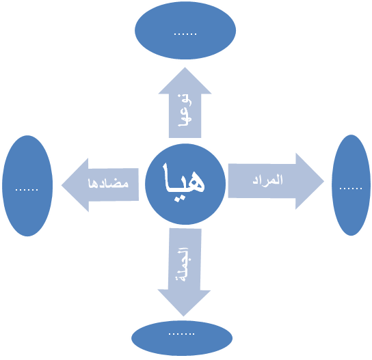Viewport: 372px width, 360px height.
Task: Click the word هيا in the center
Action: [x=184, y=182]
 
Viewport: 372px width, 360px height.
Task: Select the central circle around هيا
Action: [x=185, y=184]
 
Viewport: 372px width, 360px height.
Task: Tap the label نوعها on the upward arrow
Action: [x=185, y=111]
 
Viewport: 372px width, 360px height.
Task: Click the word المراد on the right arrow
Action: [x=267, y=180]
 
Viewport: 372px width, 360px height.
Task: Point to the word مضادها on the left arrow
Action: [x=108, y=184]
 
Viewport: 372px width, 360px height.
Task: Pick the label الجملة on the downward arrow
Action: [x=183, y=264]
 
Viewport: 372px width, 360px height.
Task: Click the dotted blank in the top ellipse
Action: [x=185, y=34]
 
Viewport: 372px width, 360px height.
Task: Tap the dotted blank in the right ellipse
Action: [x=351, y=189]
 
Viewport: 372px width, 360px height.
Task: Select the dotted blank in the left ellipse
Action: [x=27, y=190]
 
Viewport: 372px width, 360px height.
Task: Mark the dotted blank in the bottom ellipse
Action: [x=181, y=334]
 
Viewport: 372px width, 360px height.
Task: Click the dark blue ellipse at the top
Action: [x=185, y=31]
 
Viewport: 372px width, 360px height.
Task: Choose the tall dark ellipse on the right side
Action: [x=351, y=185]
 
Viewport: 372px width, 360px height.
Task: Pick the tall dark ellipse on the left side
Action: [x=27, y=186]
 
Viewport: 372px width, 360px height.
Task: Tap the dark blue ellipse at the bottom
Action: [x=182, y=338]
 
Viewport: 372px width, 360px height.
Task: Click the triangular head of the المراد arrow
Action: [x=309, y=181]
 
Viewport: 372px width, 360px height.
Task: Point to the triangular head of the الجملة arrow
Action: [x=184, y=302]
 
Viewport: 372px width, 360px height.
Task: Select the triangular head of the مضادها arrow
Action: [x=75, y=185]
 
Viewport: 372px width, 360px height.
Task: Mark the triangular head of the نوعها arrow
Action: [x=185, y=81]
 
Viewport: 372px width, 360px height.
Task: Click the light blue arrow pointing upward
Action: [x=185, y=102]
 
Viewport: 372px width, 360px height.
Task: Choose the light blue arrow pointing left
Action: [x=100, y=185]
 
